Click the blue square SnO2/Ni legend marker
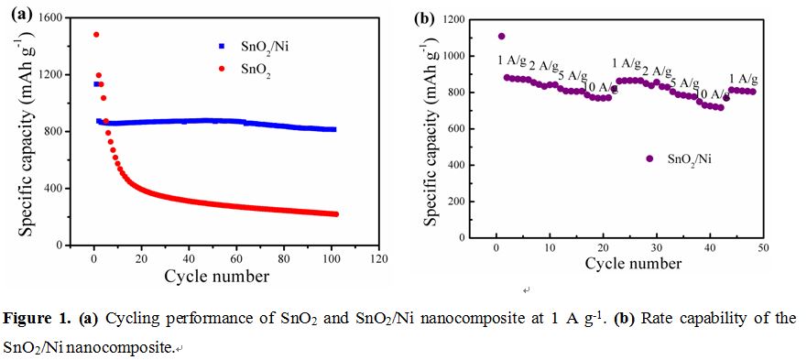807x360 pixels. pyautogui.click(x=222, y=46)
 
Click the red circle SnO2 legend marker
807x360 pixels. pyautogui.click(x=222, y=73)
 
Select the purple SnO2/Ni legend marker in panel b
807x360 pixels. pyautogui.click(x=649, y=158)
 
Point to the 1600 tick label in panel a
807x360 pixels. pyautogui.click(x=51, y=17)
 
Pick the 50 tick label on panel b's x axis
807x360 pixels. pyautogui.click(x=763, y=248)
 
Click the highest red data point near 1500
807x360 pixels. pyautogui.click(x=96, y=35)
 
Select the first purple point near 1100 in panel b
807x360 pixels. pyautogui.click(x=501, y=36)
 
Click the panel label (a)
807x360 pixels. pyautogui.click(x=20, y=14)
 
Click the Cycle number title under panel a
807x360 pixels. pyautogui.click(x=216, y=277)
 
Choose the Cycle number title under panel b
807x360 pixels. pyautogui.click(x=633, y=264)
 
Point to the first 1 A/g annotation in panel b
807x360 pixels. pyautogui.click(x=511, y=61)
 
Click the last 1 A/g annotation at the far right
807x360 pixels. pyautogui.click(x=743, y=80)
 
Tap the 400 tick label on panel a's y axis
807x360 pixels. pyautogui.click(x=54, y=189)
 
